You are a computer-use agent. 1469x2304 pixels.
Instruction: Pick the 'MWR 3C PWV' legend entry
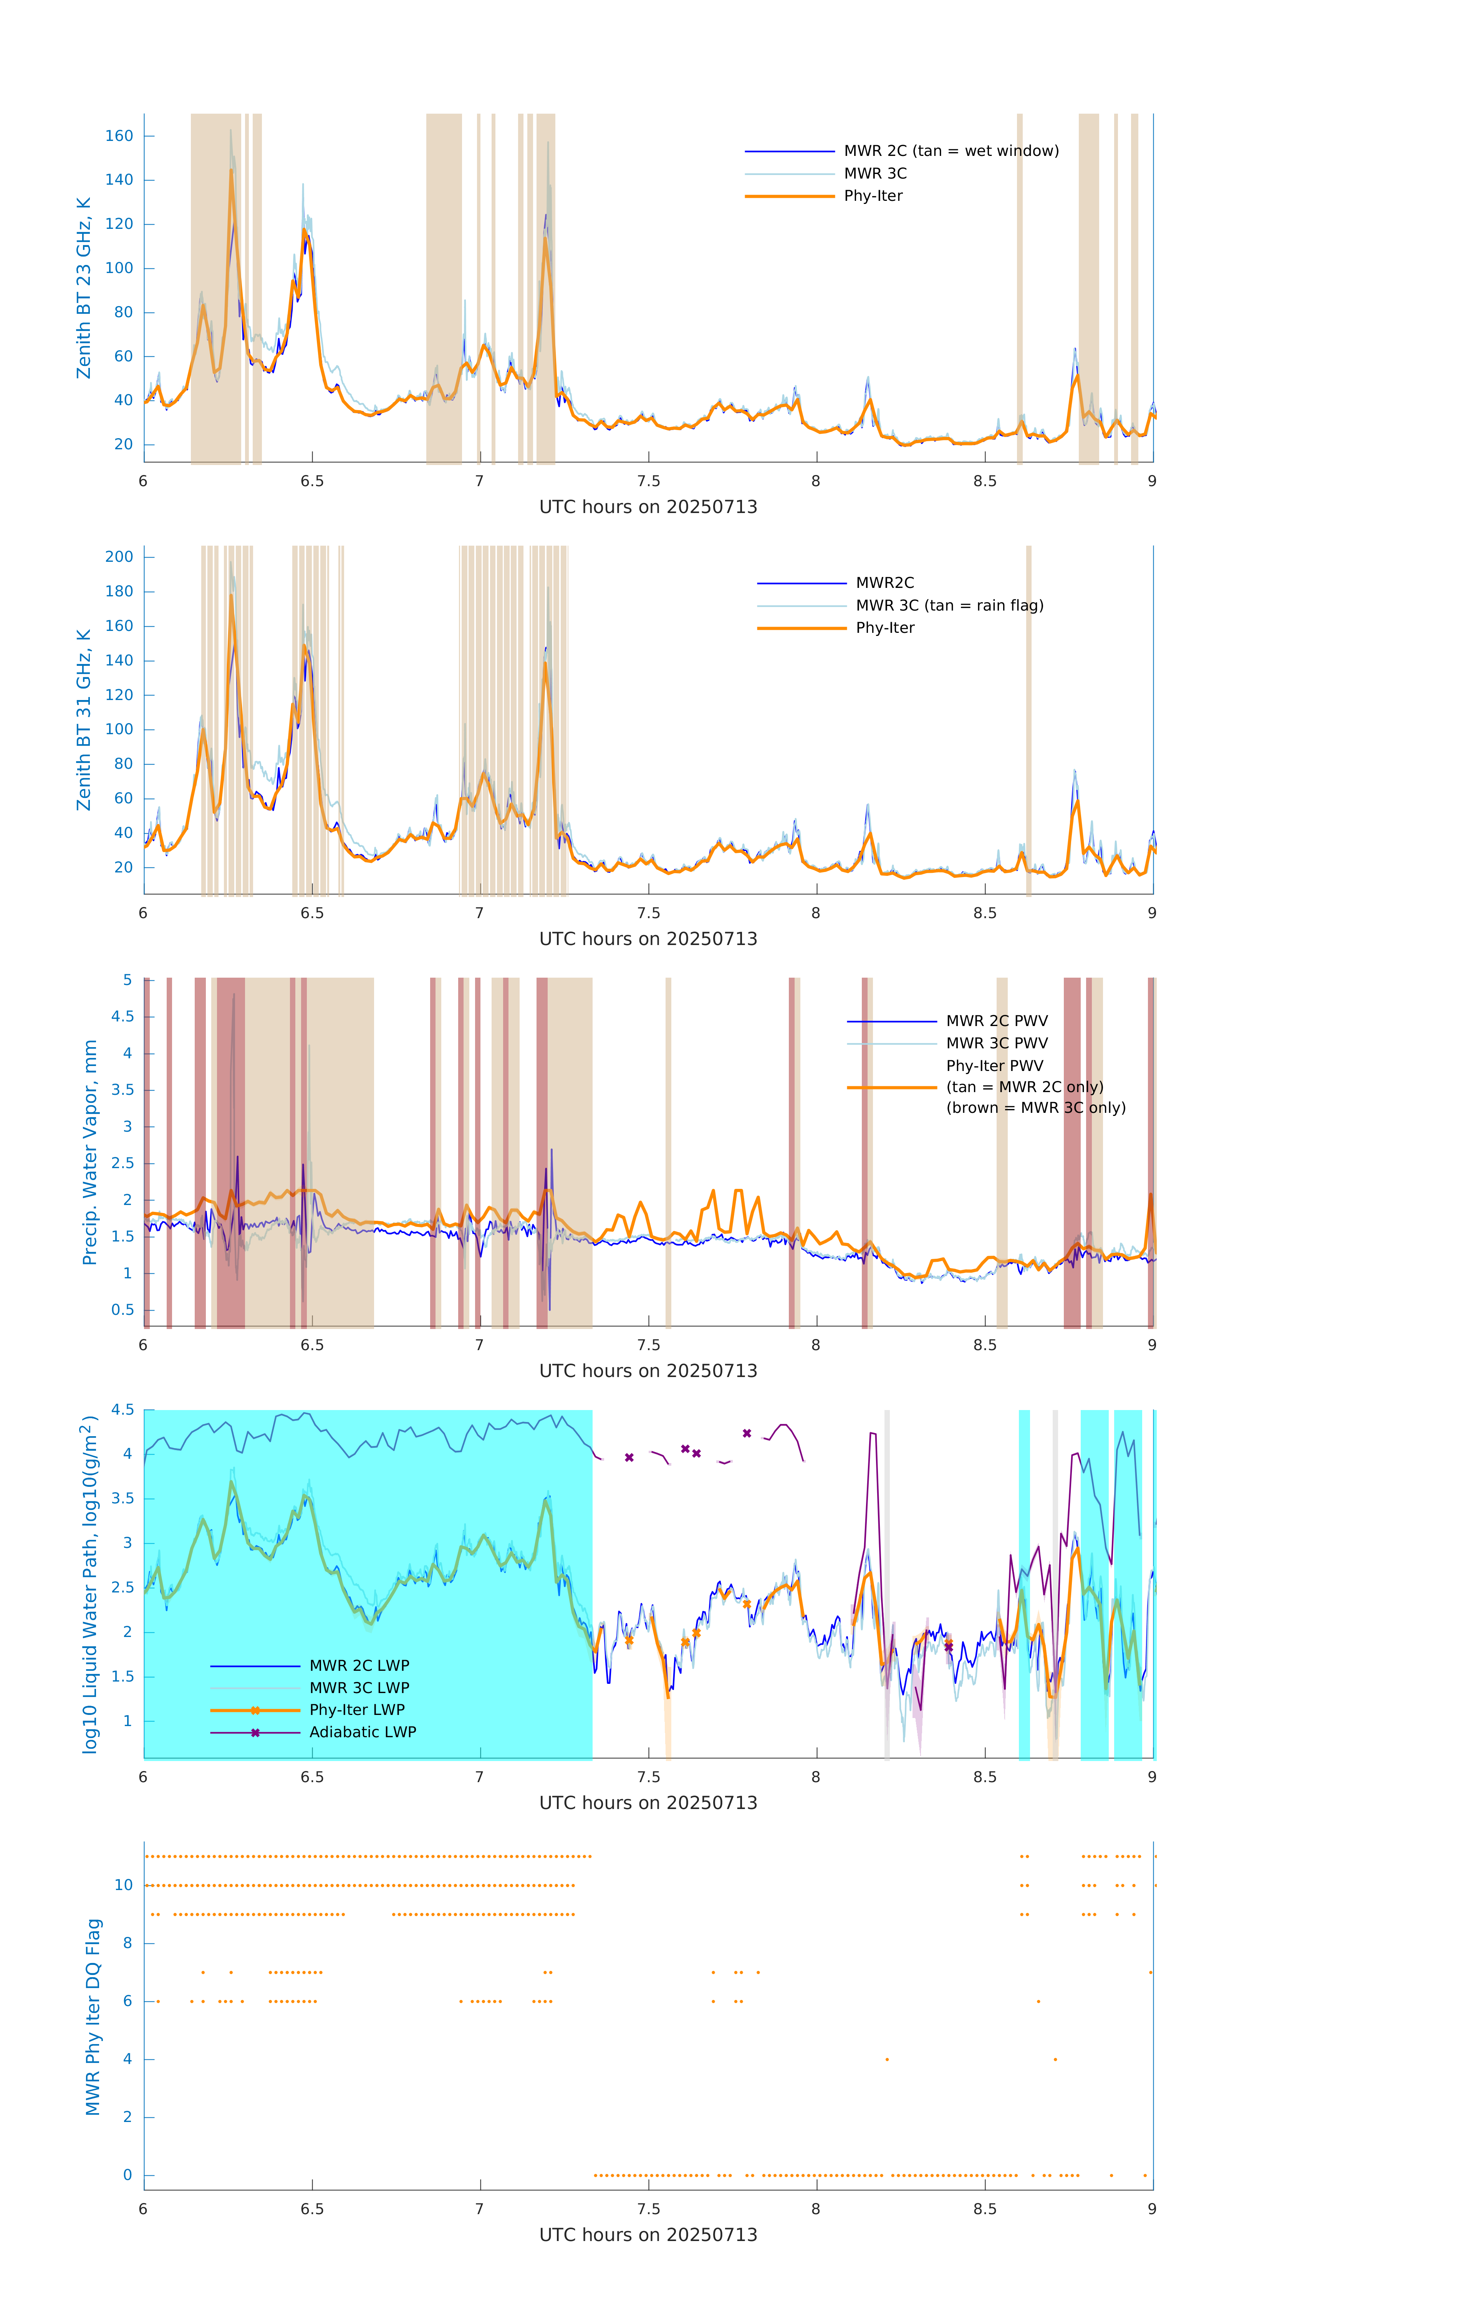996,1043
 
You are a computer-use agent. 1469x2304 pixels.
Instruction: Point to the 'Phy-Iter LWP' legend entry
356,1710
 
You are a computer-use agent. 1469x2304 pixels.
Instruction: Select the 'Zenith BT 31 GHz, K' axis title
84,720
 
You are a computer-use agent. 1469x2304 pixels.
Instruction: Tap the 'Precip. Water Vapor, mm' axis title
90,1152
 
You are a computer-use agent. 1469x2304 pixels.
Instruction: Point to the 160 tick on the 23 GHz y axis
119,136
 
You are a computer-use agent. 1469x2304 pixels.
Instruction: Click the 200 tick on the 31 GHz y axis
119,557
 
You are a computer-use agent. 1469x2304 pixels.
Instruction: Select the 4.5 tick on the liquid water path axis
123,1409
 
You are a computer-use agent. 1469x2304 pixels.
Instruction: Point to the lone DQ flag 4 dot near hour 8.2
887,2059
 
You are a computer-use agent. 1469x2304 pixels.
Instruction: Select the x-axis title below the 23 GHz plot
648,507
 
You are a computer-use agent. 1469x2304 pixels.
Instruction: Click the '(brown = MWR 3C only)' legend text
1035,1108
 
